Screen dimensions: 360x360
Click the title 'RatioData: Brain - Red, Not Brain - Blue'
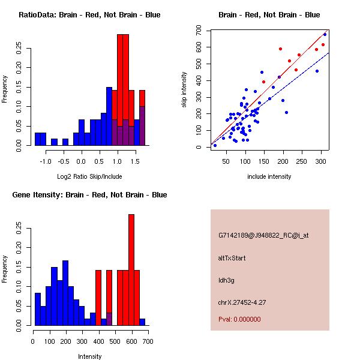click(x=89, y=14)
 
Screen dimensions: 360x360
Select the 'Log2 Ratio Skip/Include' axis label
click(x=89, y=176)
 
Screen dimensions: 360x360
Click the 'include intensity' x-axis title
click(x=269, y=176)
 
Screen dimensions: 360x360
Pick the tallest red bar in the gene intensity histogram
click(x=131, y=269)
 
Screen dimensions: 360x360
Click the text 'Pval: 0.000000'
click(x=239, y=319)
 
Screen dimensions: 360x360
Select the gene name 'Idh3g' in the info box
click(x=226, y=280)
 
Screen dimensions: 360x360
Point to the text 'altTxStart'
click(x=232, y=258)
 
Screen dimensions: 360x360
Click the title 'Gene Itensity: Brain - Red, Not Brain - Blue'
click(x=89, y=194)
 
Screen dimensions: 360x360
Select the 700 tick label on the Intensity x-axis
click(x=148, y=341)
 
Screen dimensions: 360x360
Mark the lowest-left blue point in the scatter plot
click(x=215, y=145)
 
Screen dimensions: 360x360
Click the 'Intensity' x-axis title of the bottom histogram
click(x=89, y=356)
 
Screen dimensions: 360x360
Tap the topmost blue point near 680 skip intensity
click(x=325, y=34)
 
